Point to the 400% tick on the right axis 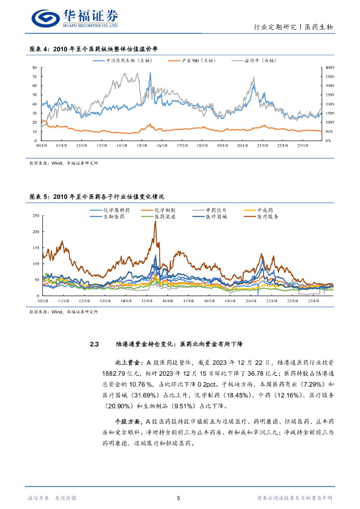point(330,68)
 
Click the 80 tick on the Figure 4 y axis point(34,68)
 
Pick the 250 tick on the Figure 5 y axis point(35,216)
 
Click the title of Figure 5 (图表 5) point(96,197)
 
